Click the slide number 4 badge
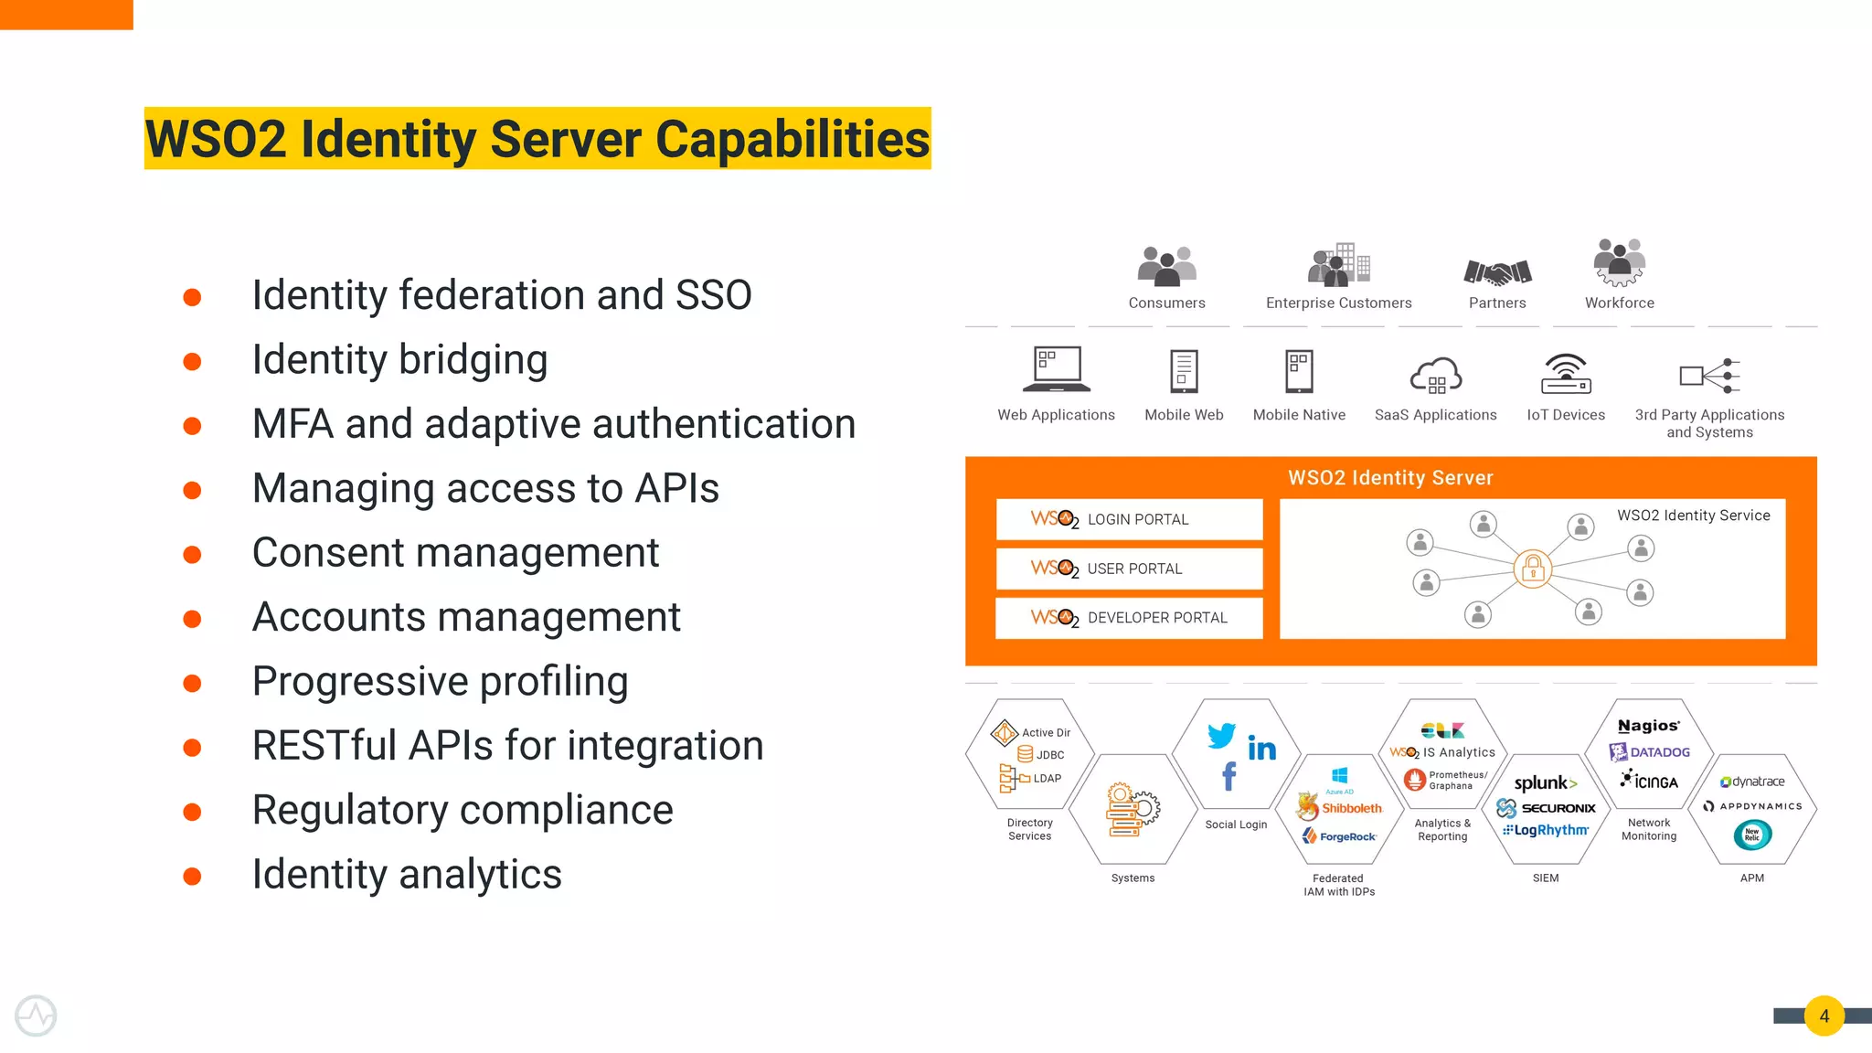1824,1016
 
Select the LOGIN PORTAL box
1129,519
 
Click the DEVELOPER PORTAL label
1157,618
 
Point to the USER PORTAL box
1129,569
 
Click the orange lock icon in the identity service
1533,569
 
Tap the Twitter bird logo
1221,735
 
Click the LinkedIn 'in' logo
1262,750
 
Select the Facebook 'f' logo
1229,777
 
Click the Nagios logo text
1648,726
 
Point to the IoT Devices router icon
1567,373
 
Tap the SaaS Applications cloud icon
1435,376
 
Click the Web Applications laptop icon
1057,369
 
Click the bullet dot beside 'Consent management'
192,555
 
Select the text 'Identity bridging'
399,360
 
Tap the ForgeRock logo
1340,836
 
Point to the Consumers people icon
1166,266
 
